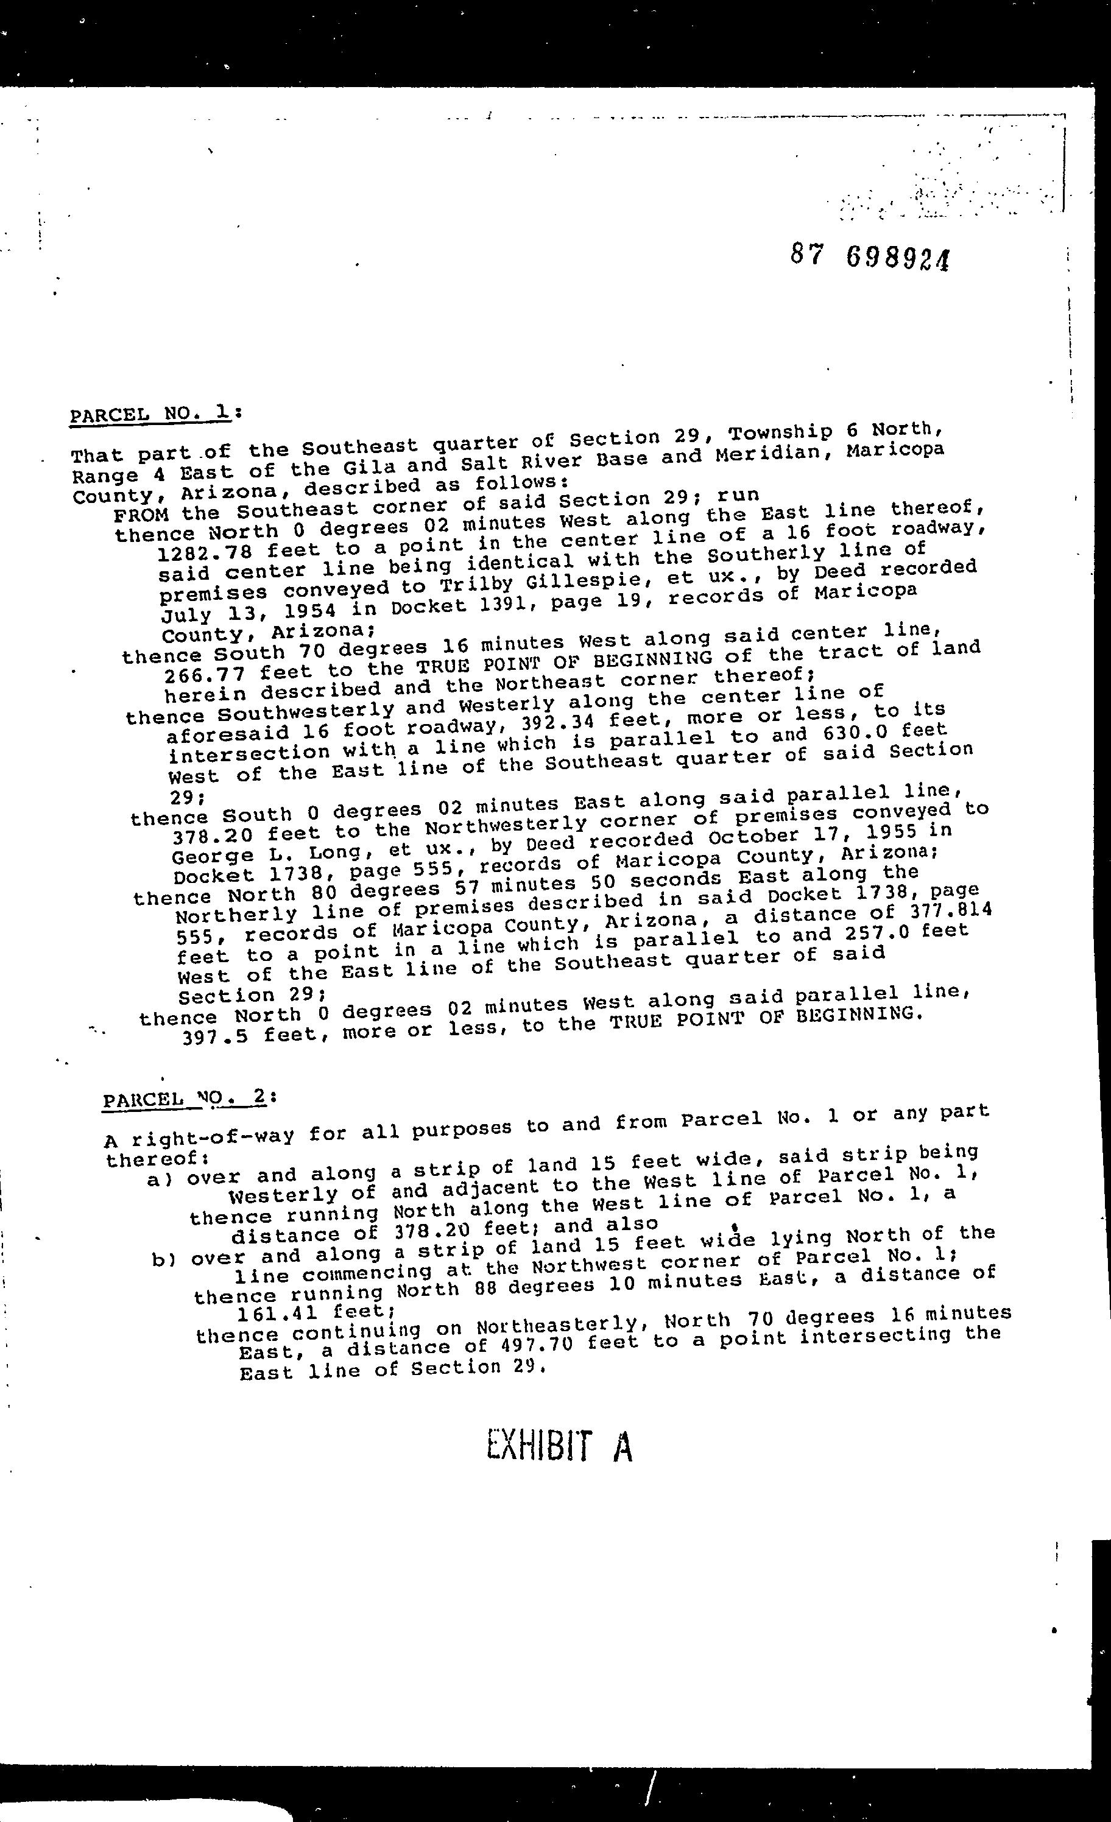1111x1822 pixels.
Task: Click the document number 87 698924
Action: pos(869,258)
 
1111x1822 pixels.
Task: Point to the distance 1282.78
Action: pos(203,552)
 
